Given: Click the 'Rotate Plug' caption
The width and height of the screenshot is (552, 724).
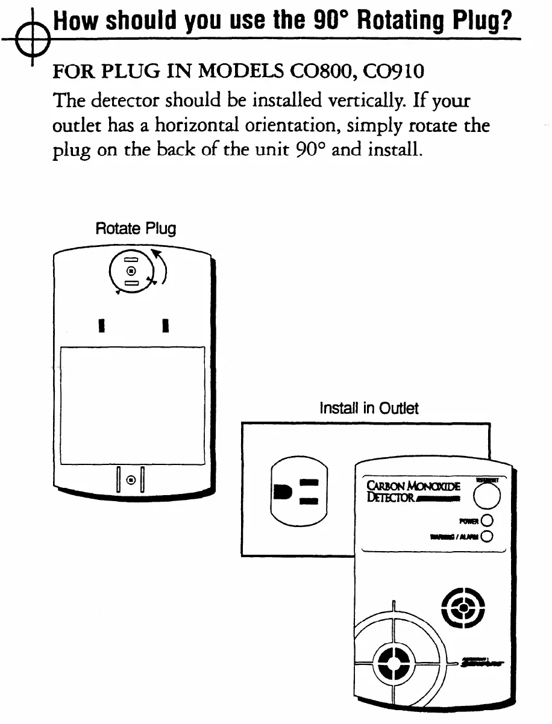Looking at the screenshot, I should point(136,229).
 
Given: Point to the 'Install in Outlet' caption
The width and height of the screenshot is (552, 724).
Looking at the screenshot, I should point(369,408).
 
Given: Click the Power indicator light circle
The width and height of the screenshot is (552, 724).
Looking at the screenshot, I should point(487,520).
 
